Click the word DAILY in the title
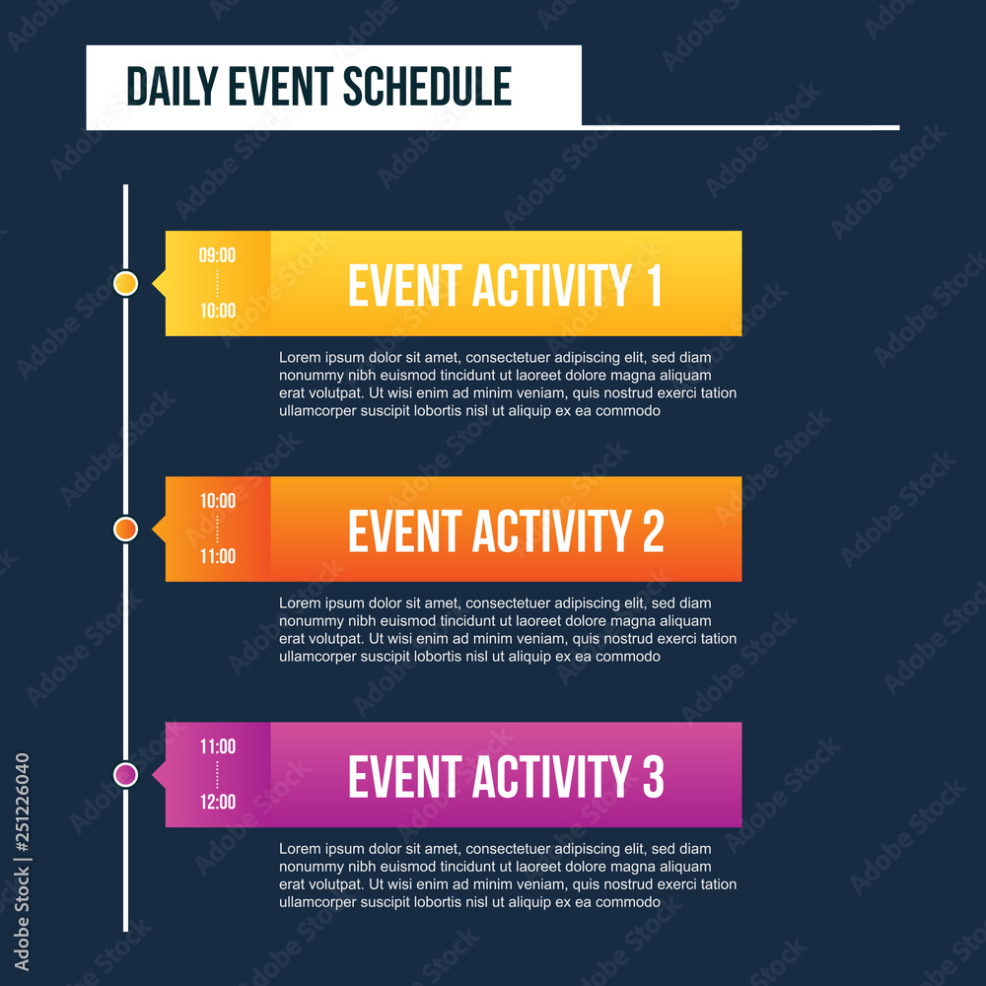click(173, 87)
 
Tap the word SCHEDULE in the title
click(428, 87)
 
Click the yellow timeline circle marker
click(125, 284)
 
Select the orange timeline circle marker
click(125, 529)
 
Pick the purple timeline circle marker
click(125, 775)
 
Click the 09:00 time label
click(217, 255)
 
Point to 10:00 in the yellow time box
click(217, 311)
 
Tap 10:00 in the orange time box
click(217, 501)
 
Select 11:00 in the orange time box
click(217, 556)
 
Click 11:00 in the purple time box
click(217, 746)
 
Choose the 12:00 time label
click(217, 802)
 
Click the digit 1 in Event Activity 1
click(653, 286)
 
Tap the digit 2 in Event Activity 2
click(653, 531)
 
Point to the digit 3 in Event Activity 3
click(653, 777)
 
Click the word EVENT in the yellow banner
click(404, 286)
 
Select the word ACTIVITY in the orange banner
click(551, 531)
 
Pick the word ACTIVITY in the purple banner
click(551, 777)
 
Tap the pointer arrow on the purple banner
click(159, 775)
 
